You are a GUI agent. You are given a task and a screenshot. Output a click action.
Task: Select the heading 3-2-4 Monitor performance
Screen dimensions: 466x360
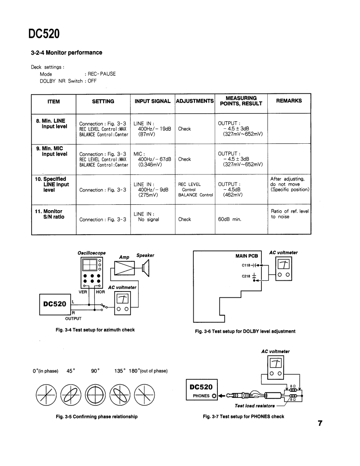point(66,53)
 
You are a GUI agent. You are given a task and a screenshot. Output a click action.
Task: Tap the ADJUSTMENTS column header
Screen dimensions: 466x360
point(195,101)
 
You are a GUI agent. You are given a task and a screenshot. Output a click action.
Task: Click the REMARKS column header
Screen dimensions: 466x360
point(288,101)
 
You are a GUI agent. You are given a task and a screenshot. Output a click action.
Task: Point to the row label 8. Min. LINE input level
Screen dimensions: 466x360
point(52,124)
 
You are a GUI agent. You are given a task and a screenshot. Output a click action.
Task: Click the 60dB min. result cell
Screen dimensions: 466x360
point(232,219)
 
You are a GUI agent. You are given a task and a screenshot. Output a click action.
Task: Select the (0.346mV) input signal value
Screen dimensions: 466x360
point(150,164)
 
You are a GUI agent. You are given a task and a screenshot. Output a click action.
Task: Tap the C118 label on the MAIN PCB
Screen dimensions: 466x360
point(247,265)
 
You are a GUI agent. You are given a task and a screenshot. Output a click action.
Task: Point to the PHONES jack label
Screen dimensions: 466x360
point(201,395)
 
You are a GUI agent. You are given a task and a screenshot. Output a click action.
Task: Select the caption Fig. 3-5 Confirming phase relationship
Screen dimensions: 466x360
point(96,416)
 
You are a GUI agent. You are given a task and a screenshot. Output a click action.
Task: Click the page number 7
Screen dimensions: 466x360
point(320,423)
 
